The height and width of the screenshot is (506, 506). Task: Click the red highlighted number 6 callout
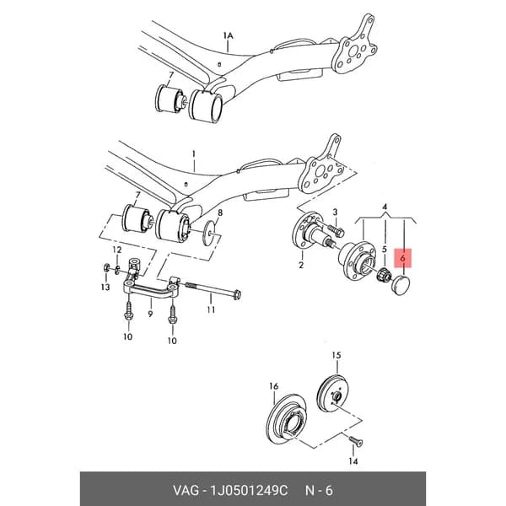click(x=403, y=258)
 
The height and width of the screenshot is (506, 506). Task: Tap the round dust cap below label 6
click(x=400, y=285)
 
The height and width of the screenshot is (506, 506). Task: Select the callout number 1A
click(x=228, y=35)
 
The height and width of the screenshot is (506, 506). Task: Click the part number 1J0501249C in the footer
click(x=249, y=491)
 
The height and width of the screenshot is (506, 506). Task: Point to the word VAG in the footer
click(x=186, y=491)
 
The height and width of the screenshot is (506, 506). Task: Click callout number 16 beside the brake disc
click(x=273, y=386)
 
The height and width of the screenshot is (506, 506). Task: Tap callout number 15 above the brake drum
click(x=336, y=355)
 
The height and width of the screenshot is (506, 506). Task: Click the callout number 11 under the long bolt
click(x=211, y=310)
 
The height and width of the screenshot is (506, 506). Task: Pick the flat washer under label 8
click(x=210, y=233)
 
